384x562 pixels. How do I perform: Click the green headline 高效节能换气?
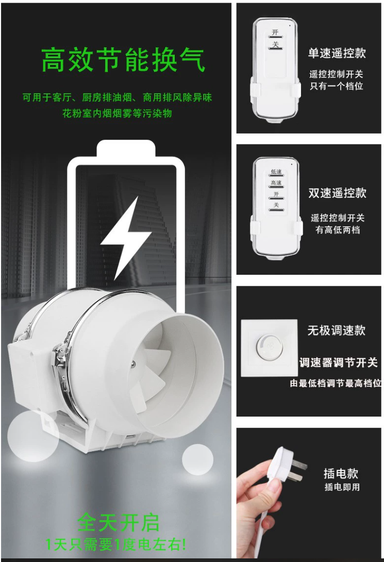123,60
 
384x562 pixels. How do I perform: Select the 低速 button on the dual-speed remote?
276,173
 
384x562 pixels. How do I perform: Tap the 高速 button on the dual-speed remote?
276,184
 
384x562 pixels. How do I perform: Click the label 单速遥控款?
337,53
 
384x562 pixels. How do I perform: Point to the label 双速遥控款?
338,193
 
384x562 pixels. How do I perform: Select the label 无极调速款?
337,330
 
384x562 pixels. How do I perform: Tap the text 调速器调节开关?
339,362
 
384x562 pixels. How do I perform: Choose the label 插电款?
341,473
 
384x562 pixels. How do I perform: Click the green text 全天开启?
118,523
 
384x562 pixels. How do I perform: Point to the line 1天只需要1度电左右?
115,545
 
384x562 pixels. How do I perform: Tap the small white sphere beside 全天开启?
197,459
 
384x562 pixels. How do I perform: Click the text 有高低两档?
338,230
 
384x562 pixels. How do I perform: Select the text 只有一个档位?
337,86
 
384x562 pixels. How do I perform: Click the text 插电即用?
342,487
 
